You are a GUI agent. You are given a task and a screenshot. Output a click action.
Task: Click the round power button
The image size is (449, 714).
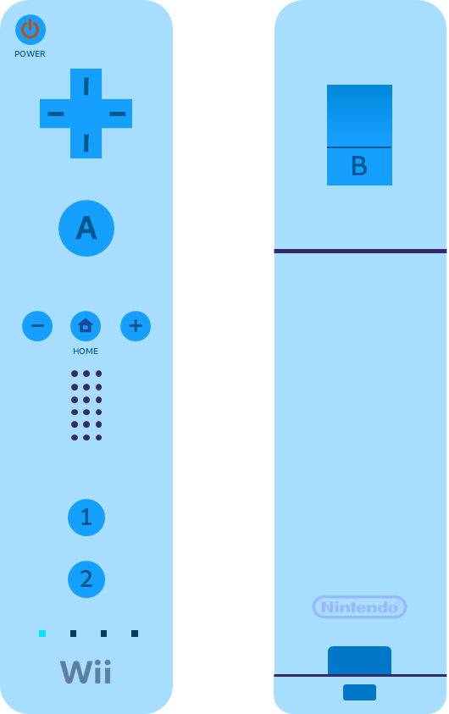tap(30, 30)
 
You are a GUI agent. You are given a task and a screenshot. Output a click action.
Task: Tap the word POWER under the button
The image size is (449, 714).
tap(30, 53)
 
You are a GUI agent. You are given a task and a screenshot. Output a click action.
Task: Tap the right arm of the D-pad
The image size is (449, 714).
tap(117, 113)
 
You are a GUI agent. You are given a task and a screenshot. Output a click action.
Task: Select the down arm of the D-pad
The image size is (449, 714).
tap(86, 143)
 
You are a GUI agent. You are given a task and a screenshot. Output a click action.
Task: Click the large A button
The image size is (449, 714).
tap(86, 228)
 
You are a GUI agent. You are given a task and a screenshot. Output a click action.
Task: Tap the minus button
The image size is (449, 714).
tap(37, 326)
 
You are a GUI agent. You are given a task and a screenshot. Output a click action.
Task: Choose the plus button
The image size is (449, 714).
tap(136, 326)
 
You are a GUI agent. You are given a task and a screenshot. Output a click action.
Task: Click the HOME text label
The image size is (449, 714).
tap(86, 351)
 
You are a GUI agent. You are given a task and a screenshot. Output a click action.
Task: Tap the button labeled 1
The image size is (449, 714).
tap(86, 518)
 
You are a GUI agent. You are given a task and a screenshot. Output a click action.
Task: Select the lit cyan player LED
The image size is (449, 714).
tap(42, 634)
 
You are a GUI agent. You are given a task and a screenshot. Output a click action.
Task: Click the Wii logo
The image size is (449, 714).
tap(86, 672)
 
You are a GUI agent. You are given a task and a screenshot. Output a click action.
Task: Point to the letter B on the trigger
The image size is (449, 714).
tap(359, 166)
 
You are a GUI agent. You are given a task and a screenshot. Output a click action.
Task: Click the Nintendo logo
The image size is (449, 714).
tap(360, 607)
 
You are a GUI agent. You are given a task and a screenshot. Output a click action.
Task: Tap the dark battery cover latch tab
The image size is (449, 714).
tap(360, 661)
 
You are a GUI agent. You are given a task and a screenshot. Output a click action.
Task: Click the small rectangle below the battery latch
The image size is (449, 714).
tap(360, 692)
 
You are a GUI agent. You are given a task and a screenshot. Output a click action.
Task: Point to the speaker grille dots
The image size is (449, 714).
tap(86, 405)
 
